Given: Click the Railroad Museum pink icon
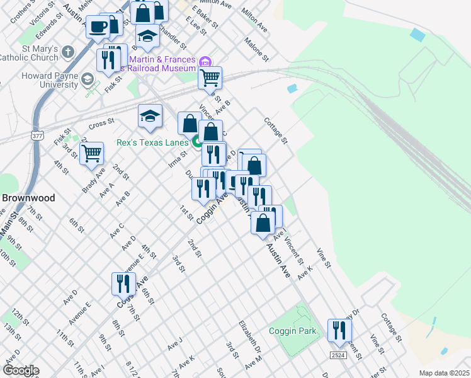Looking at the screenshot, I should (205, 62).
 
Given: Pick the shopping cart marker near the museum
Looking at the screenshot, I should (210, 78).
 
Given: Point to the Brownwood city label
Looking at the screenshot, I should (28, 197).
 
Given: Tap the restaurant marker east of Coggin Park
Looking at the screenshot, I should (339, 331).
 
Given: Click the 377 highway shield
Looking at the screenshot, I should (38, 135).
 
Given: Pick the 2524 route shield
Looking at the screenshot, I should (338, 356).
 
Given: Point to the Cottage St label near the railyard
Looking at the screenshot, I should (276, 130).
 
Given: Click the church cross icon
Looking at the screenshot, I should (67, 51).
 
